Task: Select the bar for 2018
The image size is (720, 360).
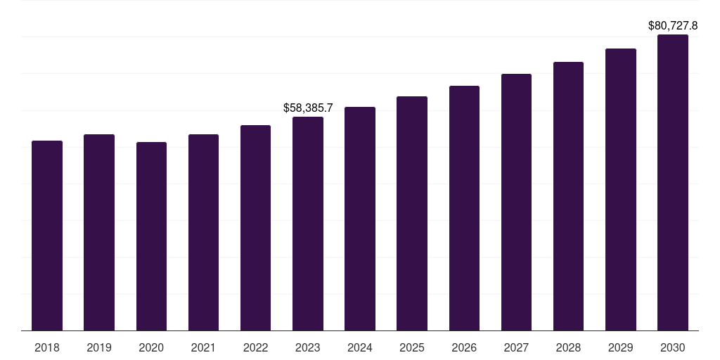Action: [x=47, y=236]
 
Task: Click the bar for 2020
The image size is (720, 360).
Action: [x=151, y=236]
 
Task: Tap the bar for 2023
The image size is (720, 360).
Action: [x=308, y=224]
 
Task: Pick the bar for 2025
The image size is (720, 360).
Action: [x=412, y=213]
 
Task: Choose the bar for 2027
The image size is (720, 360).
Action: [x=516, y=202]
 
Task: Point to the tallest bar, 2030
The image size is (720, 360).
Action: [x=673, y=182]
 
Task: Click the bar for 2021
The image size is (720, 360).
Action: [x=203, y=232]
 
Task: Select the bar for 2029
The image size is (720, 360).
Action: [x=621, y=189]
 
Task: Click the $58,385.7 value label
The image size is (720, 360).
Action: [x=308, y=108]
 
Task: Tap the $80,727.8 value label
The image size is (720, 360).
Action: [x=673, y=26]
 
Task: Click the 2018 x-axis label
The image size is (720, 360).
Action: [x=47, y=347]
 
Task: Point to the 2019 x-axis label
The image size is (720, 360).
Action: [x=99, y=347]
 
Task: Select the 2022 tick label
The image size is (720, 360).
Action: [x=255, y=347]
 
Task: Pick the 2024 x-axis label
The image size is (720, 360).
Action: [x=360, y=347]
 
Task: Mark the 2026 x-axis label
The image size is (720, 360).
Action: [x=464, y=347]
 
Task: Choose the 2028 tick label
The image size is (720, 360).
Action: [x=568, y=347]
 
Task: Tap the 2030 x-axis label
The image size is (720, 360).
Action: [x=673, y=347]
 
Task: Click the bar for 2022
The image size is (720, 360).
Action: [x=255, y=228]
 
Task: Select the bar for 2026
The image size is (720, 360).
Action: [x=464, y=208]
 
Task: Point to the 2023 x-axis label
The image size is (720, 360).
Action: [x=308, y=347]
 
